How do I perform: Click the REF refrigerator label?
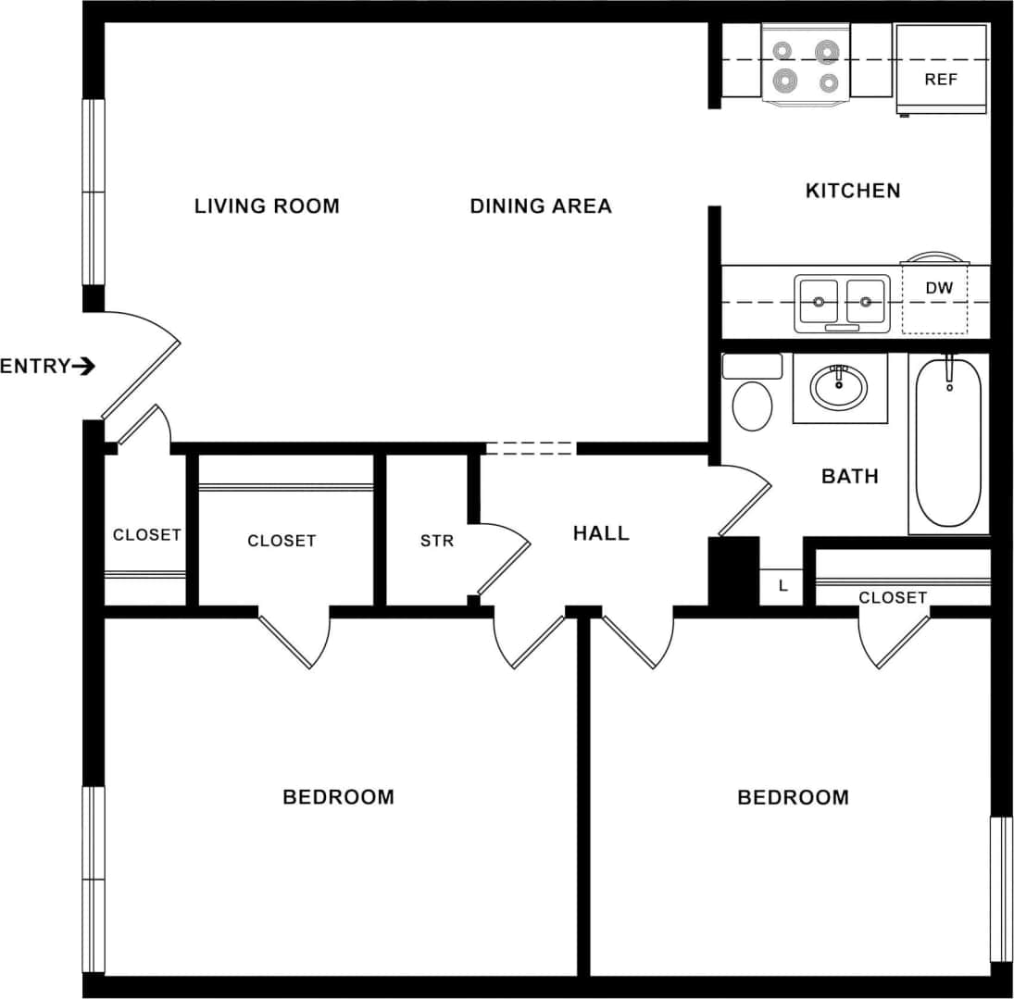940,80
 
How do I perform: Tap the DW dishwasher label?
938,288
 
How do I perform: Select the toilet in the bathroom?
752,399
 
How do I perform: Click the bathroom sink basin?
839,387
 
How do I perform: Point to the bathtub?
948,444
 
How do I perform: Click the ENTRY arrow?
83,367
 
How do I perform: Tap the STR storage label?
437,541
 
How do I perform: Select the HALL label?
600,533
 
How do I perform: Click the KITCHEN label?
852,191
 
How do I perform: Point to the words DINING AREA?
541,206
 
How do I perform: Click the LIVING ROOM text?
267,206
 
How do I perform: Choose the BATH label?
849,477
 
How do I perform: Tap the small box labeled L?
782,586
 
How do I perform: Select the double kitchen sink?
842,303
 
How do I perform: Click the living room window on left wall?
94,192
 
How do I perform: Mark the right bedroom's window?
1001,889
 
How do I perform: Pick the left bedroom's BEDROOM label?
338,797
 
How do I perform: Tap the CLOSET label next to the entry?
146,535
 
